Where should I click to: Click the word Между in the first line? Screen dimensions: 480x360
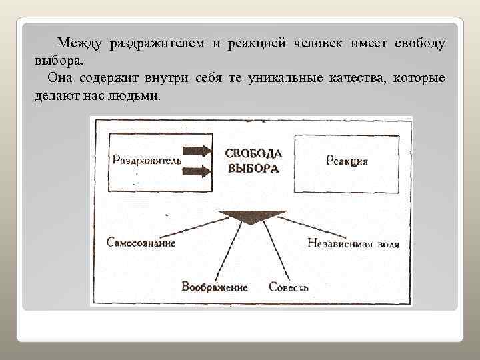[x=78, y=43]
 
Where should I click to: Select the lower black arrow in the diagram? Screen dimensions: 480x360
[x=197, y=171]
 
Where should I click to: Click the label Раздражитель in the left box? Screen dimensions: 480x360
[x=147, y=161]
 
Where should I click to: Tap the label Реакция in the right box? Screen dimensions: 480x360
[x=348, y=161]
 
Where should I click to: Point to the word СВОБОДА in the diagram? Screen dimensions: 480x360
[x=253, y=153]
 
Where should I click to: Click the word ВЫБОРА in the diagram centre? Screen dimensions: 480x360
[x=253, y=168]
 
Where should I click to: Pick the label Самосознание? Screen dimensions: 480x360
[x=141, y=243]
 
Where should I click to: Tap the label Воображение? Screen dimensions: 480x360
[x=215, y=287]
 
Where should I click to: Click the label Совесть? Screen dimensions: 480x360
[x=289, y=287]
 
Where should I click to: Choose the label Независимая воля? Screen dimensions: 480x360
[x=354, y=244]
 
